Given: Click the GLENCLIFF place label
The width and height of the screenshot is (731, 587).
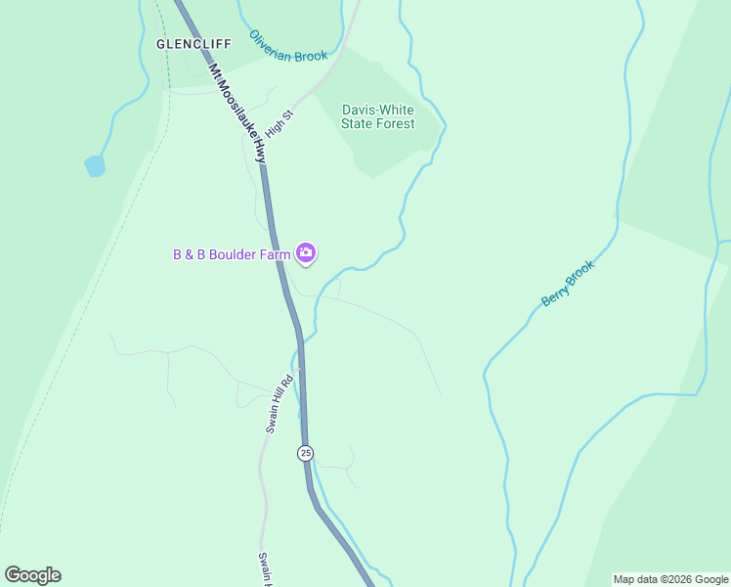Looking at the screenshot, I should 193,44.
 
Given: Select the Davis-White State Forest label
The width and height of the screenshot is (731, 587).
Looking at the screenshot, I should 377,116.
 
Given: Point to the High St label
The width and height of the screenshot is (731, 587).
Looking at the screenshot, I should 279,122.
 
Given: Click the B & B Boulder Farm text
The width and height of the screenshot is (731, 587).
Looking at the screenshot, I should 233,255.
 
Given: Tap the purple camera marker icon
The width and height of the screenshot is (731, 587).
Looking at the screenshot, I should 307,254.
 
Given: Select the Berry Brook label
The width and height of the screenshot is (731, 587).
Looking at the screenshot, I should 568,284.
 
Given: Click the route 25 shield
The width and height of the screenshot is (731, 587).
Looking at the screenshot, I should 306,453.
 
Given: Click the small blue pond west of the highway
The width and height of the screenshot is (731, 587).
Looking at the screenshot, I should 95,165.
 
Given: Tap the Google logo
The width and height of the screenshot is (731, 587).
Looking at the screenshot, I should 32,575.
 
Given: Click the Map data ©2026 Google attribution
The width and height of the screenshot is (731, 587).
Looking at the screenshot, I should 670,579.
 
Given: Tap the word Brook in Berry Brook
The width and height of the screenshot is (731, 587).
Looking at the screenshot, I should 580,273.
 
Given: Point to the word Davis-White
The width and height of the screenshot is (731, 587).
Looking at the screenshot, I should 378,110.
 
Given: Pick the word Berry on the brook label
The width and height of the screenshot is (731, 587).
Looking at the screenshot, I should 554,296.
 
